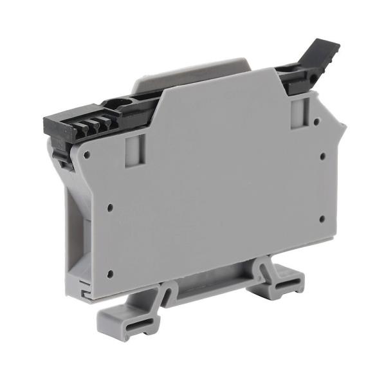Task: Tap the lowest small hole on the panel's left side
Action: (x=109, y=273)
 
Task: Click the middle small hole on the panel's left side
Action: (x=110, y=207)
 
